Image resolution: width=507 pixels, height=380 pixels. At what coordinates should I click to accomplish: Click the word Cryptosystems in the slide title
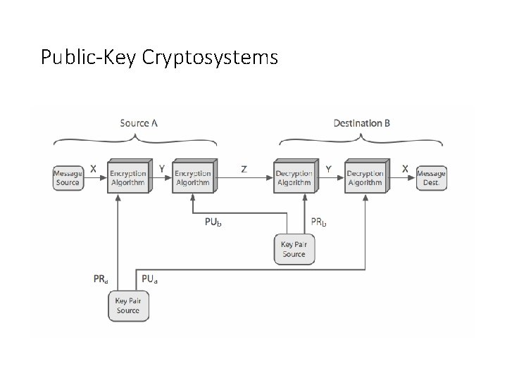point(210,57)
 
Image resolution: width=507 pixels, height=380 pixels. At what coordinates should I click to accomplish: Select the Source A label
point(139,123)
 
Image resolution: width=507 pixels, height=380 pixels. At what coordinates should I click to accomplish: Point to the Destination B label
point(362,123)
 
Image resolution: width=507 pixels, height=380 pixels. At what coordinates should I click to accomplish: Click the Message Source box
point(68,177)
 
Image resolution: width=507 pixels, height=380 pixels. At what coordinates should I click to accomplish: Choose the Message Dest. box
point(431,177)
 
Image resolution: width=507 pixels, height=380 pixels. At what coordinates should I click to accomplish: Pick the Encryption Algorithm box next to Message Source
point(127,177)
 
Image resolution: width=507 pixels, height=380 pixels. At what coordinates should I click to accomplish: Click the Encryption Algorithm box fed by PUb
point(193,177)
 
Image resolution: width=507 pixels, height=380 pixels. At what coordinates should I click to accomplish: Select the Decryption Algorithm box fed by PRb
point(294,177)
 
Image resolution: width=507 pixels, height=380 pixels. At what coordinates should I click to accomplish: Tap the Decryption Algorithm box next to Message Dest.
point(365,177)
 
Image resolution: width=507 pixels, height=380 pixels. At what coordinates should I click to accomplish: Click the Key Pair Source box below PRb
point(294,249)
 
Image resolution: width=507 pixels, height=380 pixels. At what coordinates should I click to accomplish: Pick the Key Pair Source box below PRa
point(127,305)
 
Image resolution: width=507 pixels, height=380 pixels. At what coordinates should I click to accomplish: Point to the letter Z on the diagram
point(244,169)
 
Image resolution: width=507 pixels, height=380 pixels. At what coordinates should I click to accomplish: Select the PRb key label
point(319,222)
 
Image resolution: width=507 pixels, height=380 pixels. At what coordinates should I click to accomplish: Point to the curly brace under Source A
point(139,140)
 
